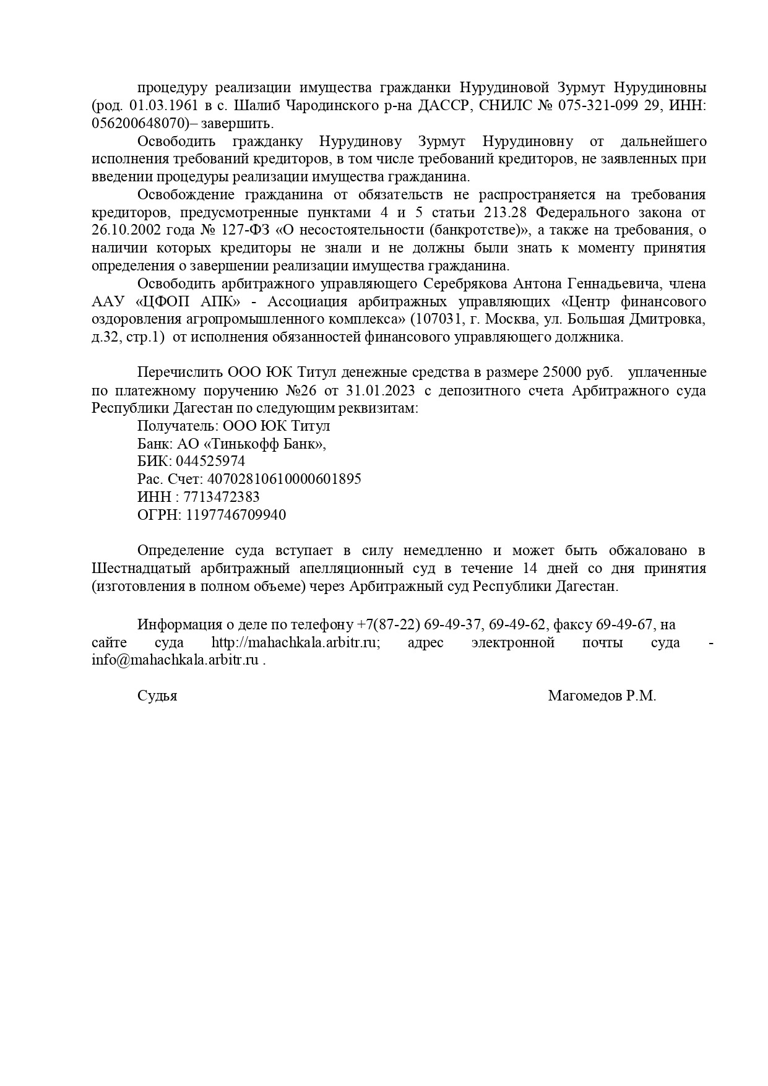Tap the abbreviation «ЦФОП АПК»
pos(188,302)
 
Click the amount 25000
pos(562,373)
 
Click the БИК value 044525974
pos(210,462)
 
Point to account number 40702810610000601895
pos(284,480)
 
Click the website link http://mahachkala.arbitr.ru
pos(295,642)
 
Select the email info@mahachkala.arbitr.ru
pos(175,660)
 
